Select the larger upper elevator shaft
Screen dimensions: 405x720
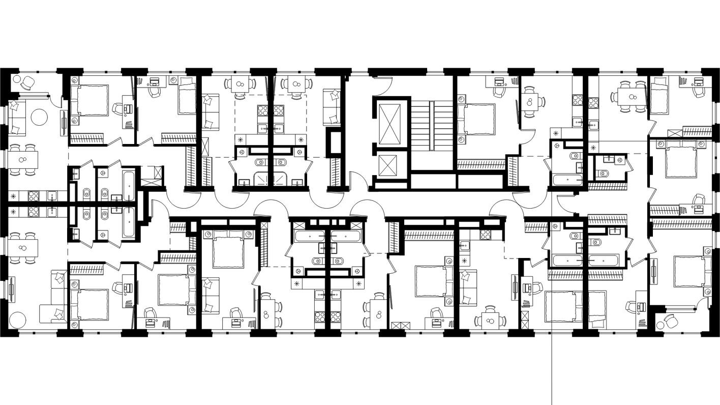pyautogui.click(x=391, y=123)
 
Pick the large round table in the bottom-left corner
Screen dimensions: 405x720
pyautogui.click(x=16, y=320)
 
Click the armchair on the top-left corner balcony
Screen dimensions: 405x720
pyautogui.click(x=27, y=82)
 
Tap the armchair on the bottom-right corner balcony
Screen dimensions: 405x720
pyautogui.click(x=670, y=322)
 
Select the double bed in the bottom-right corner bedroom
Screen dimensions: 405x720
pyautogui.click(x=689, y=271)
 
